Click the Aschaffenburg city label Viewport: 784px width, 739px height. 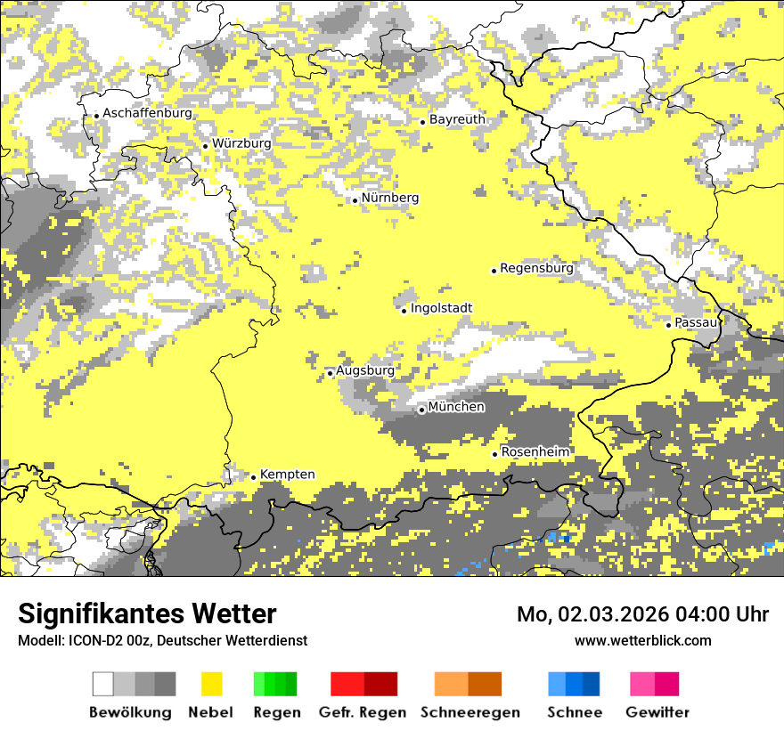(x=147, y=113)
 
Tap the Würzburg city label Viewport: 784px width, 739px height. (x=241, y=142)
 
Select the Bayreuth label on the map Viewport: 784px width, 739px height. (x=457, y=118)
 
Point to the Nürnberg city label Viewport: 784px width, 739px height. (x=390, y=198)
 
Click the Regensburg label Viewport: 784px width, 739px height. (x=536, y=267)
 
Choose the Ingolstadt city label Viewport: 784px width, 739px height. (x=441, y=308)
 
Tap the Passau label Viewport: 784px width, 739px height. (x=696, y=322)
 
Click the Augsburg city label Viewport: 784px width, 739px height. (x=364, y=370)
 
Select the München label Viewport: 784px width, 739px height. (x=456, y=407)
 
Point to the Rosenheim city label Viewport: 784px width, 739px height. (x=535, y=451)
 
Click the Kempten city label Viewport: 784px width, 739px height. (x=287, y=475)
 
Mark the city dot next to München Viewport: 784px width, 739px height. (x=421, y=410)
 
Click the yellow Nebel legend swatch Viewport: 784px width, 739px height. (x=211, y=684)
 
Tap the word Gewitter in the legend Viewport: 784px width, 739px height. (x=657, y=712)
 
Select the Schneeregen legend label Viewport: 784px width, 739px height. (x=470, y=712)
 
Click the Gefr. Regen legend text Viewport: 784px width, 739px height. (x=362, y=712)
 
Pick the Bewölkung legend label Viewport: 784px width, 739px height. (x=130, y=712)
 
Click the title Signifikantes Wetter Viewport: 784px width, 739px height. (x=147, y=613)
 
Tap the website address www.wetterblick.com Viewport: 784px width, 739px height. (x=643, y=640)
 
